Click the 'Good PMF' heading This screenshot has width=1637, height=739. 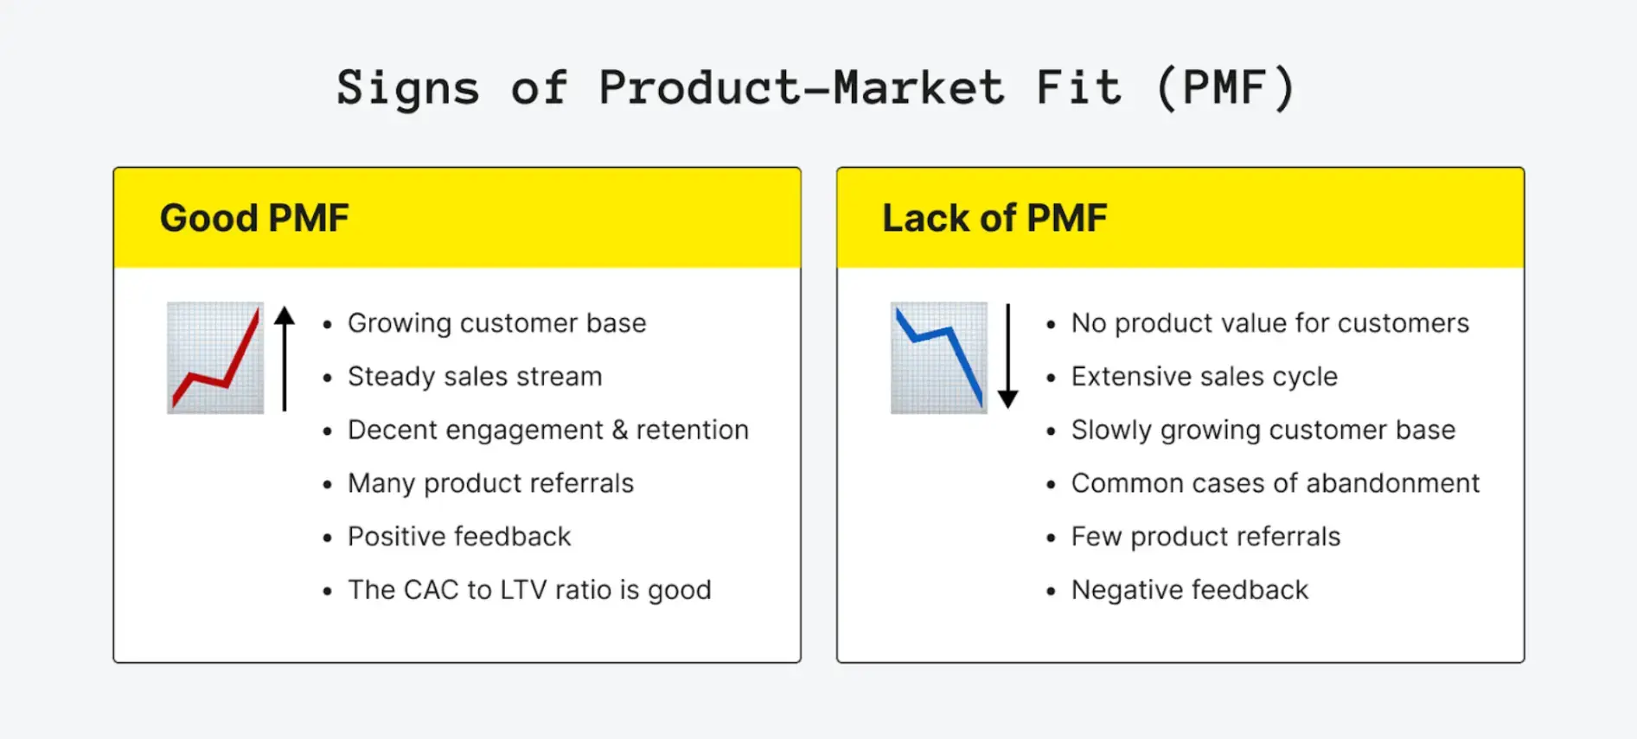254,218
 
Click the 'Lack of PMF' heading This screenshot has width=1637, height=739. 994,218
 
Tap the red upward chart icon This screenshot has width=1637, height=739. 215,358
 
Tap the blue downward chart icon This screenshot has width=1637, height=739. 939,358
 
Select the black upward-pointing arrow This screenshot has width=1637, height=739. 285,358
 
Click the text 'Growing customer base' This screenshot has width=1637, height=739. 496,323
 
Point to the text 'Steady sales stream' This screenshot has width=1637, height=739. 475,377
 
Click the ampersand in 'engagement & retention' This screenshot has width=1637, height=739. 619,430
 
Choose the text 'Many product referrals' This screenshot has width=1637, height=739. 490,483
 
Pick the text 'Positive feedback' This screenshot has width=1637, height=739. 459,537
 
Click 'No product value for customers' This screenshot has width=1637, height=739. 1269,323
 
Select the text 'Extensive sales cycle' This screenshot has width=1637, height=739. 1204,377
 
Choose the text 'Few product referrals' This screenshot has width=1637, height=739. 1205,537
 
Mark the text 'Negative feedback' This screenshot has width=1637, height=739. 1189,590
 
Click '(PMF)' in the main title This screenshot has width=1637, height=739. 1225,88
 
